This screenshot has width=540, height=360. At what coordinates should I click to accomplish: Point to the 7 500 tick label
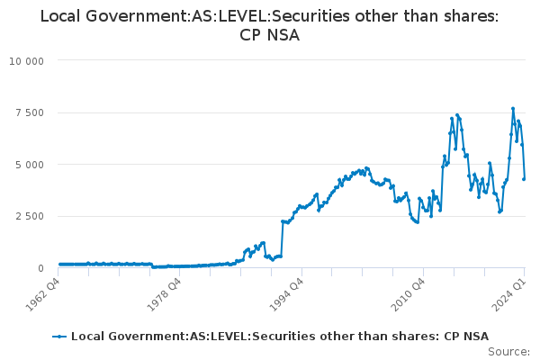[x=31, y=112]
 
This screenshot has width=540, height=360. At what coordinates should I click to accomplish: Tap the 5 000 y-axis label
[x=31, y=165]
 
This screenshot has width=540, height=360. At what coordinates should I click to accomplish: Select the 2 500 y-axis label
[x=31, y=216]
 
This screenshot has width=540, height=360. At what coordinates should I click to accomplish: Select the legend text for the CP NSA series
[x=280, y=337]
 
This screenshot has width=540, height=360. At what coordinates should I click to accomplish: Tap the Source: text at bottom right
[x=509, y=352]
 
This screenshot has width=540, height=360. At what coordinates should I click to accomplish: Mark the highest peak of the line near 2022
[x=513, y=109]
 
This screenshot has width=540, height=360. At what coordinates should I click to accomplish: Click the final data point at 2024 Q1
[x=524, y=178]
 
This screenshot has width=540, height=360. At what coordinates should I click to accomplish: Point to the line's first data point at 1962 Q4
[x=59, y=265]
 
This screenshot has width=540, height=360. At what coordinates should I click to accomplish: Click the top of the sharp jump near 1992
[x=283, y=221]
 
